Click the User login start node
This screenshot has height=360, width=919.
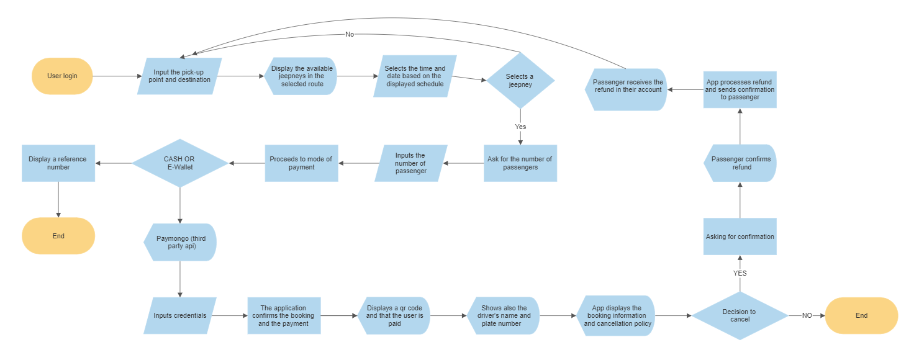pos(62,76)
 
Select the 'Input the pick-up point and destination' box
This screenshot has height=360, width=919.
pos(179,76)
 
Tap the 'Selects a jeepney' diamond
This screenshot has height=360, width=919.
pos(520,80)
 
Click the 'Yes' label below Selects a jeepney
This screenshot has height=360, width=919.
pos(520,127)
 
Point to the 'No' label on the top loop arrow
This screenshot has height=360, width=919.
pos(350,34)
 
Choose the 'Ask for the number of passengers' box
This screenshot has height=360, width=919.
pos(520,163)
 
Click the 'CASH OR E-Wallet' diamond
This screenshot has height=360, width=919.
pos(179,163)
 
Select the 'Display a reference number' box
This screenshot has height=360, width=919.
pos(58,163)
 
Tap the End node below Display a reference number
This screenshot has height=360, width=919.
pos(58,236)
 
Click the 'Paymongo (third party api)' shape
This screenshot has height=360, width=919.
pos(180,242)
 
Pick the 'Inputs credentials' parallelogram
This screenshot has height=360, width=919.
pos(180,315)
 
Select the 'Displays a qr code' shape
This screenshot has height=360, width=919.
pos(394,315)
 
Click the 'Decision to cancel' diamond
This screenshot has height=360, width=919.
pos(740,315)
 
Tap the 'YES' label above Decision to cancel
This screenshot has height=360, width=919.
pos(740,273)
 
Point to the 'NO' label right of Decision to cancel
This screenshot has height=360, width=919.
pos(807,315)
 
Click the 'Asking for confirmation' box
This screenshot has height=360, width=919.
pos(740,236)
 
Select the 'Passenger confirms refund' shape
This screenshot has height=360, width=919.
pos(740,163)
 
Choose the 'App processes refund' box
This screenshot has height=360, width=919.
pos(740,89)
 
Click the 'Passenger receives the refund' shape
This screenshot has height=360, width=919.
pos(627,89)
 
